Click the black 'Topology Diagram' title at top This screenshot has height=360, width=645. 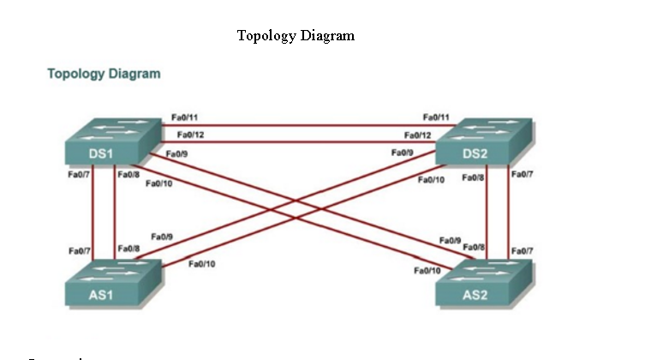[x=296, y=35]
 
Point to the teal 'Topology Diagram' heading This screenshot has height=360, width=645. [x=104, y=74]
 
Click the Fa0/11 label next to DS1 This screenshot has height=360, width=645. [x=185, y=116]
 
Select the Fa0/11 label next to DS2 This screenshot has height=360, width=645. [x=437, y=116]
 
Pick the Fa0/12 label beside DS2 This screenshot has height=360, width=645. [x=418, y=135]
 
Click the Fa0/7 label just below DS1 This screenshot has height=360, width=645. [x=79, y=175]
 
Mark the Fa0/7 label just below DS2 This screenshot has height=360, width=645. [x=522, y=175]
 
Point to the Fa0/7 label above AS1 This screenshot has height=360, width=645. [x=80, y=250]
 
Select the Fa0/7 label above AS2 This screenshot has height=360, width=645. [x=522, y=250]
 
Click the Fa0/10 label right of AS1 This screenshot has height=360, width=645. [x=201, y=263]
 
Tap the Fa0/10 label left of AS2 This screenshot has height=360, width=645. [x=427, y=270]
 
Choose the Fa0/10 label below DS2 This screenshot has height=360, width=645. [x=431, y=180]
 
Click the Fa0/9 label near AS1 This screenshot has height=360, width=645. [x=162, y=236]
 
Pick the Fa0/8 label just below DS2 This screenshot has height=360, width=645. [x=474, y=177]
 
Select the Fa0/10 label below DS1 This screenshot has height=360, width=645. [x=159, y=183]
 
